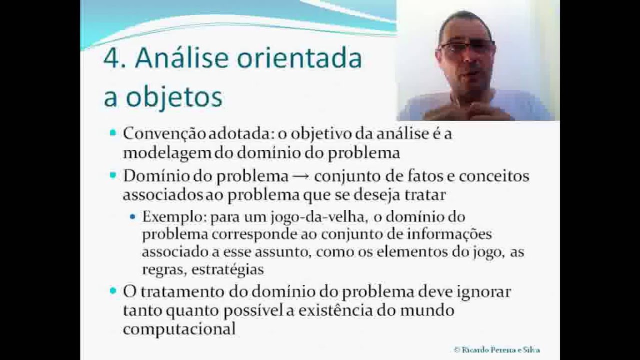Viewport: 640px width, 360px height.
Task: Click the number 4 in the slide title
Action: click(x=111, y=59)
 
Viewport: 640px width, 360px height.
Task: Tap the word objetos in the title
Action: click(x=173, y=97)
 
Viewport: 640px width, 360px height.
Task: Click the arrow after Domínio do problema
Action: click(x=301, y=176)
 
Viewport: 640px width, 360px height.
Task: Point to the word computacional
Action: click(x=179, y=328)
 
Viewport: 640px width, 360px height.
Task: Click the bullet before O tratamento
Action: click(x=112, y=290)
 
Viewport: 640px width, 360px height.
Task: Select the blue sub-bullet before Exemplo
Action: click(x=132, y=217)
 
